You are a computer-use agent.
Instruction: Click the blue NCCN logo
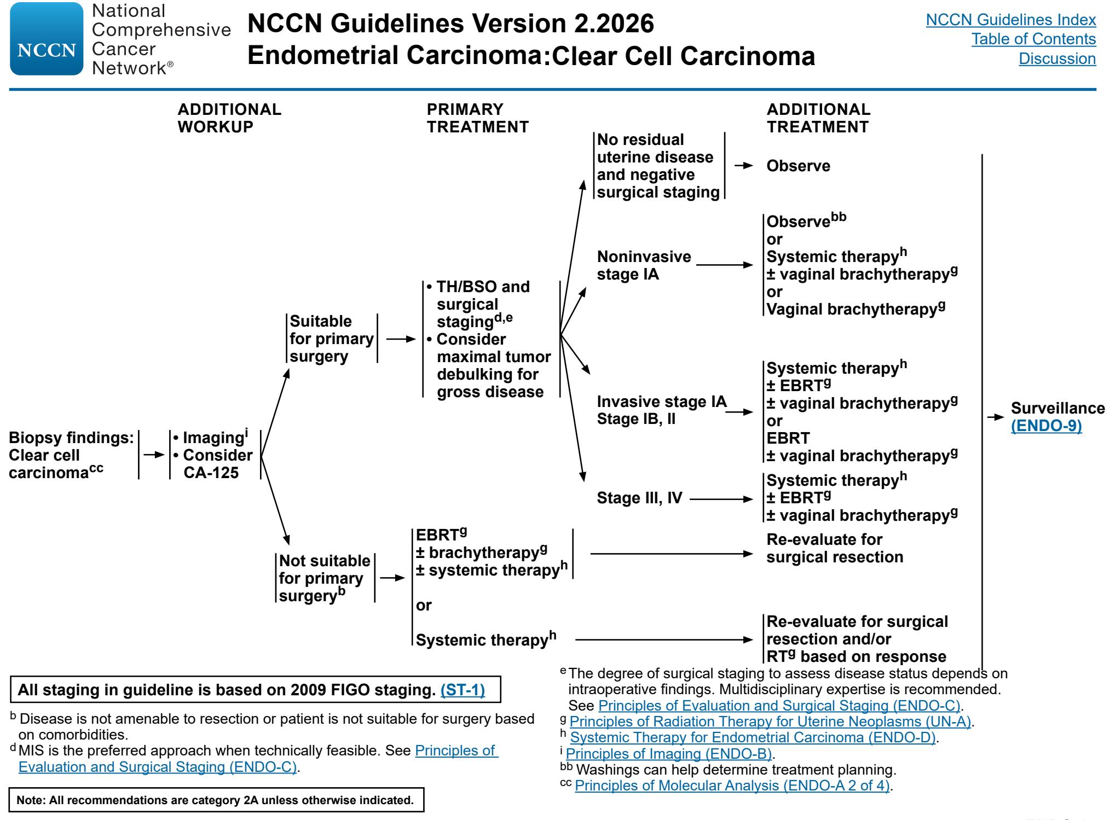pos(47,39)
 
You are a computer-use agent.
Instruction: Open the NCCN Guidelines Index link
pos(1010,20)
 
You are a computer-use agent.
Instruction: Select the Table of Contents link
pos(1033,39)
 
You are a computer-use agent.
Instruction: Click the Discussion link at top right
pos(1057,59)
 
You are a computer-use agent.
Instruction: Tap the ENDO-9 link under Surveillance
pos(1046,426)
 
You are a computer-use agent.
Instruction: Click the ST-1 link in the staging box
pos(463,690)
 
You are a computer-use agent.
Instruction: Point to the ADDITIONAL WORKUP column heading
pos(229,118)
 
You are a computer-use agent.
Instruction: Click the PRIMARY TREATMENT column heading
pos(477,118)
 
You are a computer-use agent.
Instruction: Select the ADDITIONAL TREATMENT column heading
pos(818,118)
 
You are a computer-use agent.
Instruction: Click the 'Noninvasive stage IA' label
pos(644,265)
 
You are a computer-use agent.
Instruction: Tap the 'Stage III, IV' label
pos(639,498)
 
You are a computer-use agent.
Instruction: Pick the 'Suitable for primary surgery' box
pos(332,339)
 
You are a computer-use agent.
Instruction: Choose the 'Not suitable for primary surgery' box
pos(325,578)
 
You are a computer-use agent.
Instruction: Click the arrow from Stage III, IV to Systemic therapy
pos(721,499)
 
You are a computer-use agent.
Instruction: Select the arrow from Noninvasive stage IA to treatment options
pos(725,265)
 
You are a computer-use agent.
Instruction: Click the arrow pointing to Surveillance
pos(996,417)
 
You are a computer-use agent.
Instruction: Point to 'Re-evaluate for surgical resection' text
pos(835,548)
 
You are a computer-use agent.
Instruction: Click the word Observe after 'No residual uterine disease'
pos(798,166)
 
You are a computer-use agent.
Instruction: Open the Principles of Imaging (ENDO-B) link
pos(668,754)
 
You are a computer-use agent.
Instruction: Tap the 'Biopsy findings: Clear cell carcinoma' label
pos(71,455)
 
